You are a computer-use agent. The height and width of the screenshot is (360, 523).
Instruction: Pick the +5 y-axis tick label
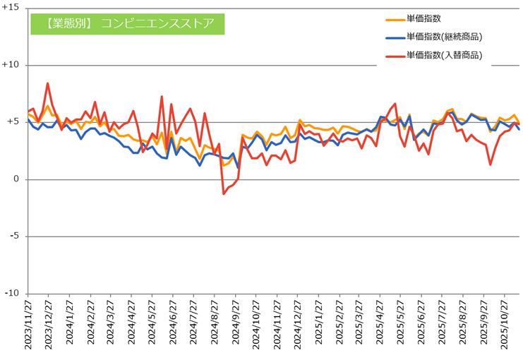[x=13, y=122]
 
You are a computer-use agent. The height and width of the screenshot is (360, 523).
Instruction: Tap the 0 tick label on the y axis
[x=17, y=179]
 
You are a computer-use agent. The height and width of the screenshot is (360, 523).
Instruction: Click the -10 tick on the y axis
[x=13, y=294]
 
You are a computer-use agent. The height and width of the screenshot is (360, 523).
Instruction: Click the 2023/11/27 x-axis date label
[x=29, y=325]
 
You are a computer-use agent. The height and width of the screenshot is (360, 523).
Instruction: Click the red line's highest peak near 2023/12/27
[x=47, y=83]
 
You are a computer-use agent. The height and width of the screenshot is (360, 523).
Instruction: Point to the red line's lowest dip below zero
[x=223, y=193]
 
